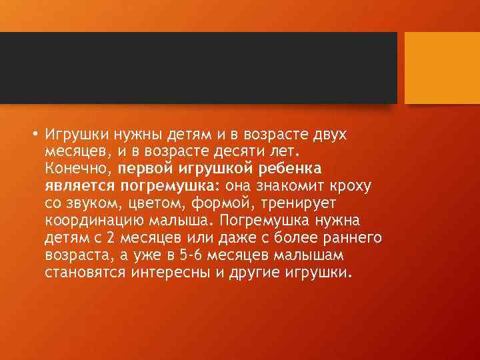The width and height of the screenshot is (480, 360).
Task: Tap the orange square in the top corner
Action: [x=442, y=68]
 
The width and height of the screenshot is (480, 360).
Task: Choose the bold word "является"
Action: [x=81, y=186]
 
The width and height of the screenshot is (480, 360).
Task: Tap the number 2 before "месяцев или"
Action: [x=98, y=238]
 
